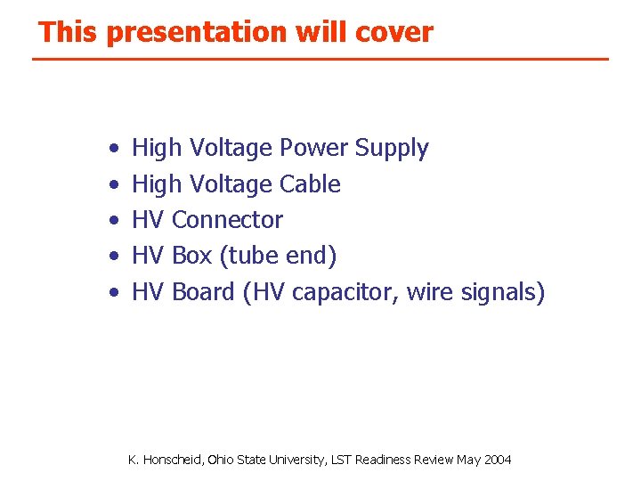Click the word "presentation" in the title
193,33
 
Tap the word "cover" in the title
394,33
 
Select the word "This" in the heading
69,33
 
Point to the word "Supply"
391,149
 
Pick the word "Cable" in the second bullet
310,184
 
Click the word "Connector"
227,220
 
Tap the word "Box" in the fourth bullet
191,256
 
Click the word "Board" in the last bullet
204,291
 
